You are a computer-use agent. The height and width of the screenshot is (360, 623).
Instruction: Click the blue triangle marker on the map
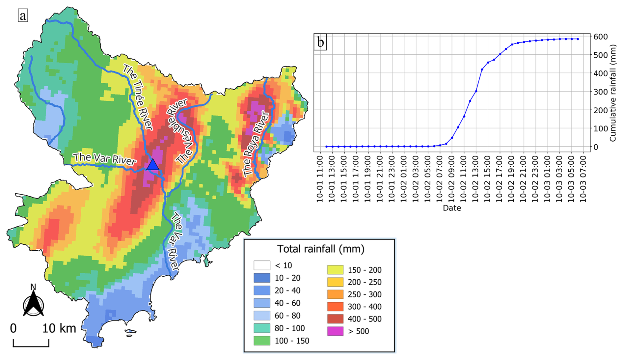(152, 165)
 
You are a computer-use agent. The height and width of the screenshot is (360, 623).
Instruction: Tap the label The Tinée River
(138, 97)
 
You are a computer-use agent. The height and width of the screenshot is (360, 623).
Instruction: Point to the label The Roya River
(256, 144)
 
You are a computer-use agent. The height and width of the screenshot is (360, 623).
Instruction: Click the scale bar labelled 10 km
(31, 343)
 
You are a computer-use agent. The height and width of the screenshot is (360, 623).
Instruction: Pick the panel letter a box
(23, 15)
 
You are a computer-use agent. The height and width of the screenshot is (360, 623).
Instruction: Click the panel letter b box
(320, 42)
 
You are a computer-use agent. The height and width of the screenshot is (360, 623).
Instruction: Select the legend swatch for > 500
(335, 331)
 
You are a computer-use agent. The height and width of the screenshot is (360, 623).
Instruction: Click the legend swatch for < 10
(262, 265)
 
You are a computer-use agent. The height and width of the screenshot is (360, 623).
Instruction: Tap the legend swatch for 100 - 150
(262, 341)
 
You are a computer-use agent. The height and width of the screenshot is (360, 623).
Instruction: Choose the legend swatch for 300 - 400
(335, 307)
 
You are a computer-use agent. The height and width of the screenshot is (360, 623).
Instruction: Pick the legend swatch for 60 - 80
(262, 316)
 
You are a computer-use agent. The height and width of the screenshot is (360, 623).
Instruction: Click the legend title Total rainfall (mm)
(321, 249)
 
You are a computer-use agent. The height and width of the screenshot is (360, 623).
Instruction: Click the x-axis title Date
(452, 208)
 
